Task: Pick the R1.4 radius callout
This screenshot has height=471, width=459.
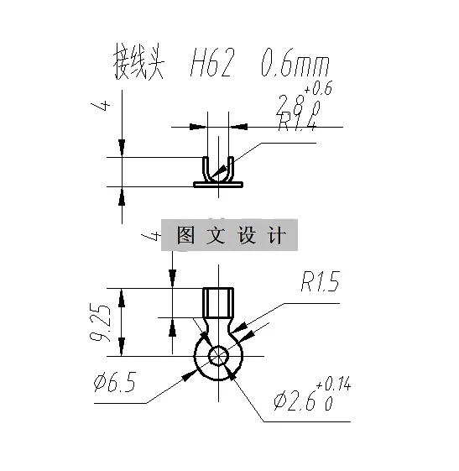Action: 298,124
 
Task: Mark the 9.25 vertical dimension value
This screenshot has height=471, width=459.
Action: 102,322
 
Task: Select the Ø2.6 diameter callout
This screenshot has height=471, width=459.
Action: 293,402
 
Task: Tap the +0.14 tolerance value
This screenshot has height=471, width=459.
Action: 333,385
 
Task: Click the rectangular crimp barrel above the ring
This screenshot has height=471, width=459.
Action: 220,301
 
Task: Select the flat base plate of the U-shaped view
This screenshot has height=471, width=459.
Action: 219,183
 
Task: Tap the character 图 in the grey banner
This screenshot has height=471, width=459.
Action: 185,236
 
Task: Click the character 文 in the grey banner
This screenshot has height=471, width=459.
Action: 216,236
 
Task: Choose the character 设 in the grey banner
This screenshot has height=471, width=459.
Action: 246,236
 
